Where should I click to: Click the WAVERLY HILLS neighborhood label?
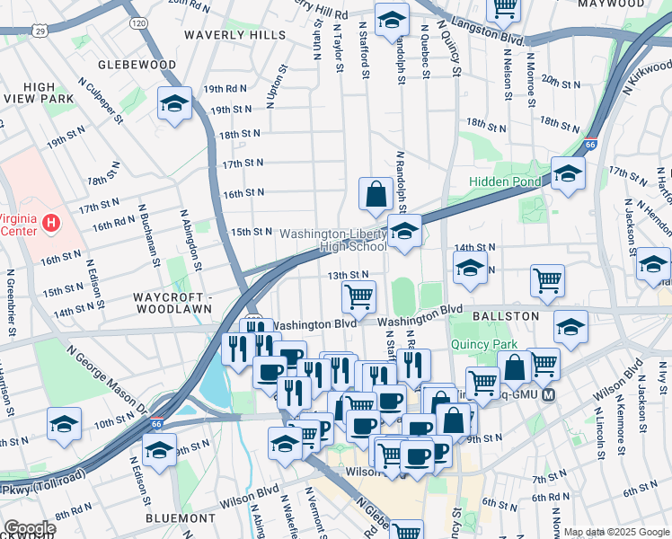[x=234, y=35]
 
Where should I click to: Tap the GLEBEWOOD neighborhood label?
[x=137, y=65]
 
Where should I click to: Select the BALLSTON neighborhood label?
[x=507, y=316]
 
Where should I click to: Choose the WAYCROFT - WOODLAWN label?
[x=172, y=303]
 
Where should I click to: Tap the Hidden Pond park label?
[x=504, y=182]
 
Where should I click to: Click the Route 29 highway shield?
[x=41, y=31]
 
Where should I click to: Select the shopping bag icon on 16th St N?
[x=375, y=191]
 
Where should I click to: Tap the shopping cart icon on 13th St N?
[x=358, y=295]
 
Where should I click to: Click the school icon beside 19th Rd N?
[x=174, y=102]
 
